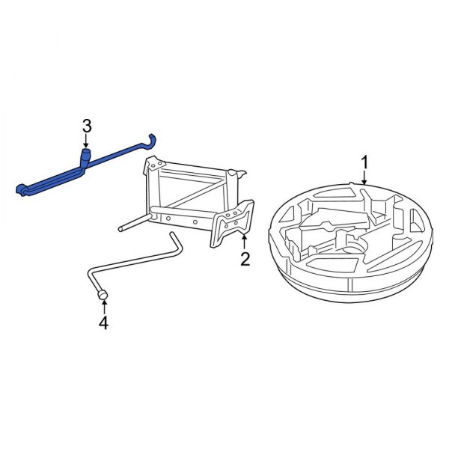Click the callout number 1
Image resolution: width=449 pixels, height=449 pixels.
(x=365, y=162)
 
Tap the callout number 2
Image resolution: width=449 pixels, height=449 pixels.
(x=244, y=260)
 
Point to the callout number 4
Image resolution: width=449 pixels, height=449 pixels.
(x=103, y=323)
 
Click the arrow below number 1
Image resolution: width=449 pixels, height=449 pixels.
(x=364, y=179)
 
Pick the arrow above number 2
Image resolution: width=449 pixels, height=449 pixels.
(x=244, y=241)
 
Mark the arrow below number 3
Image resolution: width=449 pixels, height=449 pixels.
(x=86, y=142)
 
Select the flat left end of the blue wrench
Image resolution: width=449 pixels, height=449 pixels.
(x=22, y=188)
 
